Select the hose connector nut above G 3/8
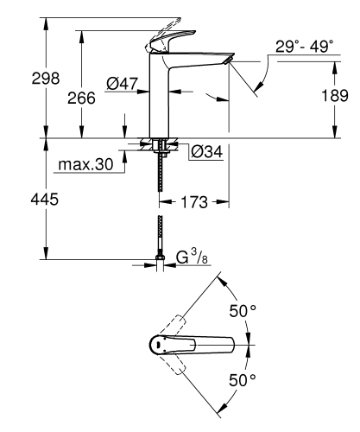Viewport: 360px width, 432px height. (161, 255)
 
